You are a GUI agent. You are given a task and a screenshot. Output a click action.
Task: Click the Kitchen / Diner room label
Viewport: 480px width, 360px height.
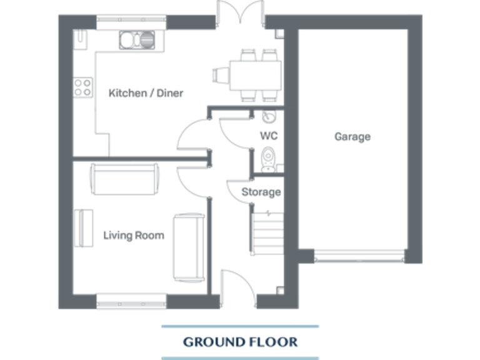tap(146, 93)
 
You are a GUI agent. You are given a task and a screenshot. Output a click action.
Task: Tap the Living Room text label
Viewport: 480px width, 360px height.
tap(134, 236)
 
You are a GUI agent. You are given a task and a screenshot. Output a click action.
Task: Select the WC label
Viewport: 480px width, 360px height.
tap(268, 136)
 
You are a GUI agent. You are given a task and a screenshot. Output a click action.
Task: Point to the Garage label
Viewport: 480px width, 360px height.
tap(352, 136)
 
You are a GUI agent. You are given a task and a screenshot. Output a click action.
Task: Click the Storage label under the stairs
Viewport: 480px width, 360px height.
tap(261, 192)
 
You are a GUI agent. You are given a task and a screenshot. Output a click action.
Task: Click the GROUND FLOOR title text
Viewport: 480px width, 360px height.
tap(240, 342)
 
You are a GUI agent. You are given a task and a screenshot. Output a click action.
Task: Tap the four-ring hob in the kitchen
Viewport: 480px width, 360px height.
tap(82, 87)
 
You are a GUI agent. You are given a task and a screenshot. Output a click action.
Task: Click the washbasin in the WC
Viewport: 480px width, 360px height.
tap(267, 117)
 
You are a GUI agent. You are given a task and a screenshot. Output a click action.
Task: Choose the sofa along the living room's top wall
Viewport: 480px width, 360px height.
tap(124, 179)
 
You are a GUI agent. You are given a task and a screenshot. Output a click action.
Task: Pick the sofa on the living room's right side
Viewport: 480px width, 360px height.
tap(189, 247)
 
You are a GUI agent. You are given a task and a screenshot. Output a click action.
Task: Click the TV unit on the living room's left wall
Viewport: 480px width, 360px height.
tap(80, 229)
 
